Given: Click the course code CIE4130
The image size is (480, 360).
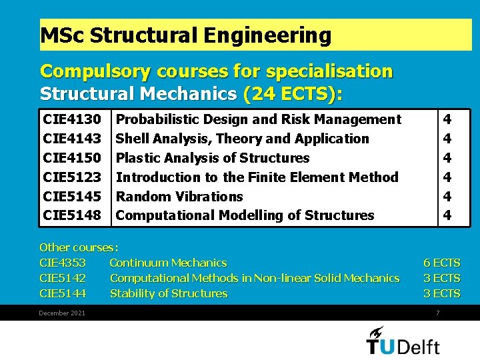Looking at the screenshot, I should tap(72, 119).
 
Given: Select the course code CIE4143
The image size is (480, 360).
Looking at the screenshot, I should tap(72, 139).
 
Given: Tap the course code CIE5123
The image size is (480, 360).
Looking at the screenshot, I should tap(72, 177).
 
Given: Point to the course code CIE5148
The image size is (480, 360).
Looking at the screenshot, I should tap(72, 215).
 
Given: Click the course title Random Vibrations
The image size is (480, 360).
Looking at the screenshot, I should tap(179, 197).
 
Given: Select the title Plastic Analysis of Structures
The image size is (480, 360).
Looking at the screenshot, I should tap(213, 158).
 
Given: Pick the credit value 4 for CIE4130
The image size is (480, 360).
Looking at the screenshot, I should tap(447, 119).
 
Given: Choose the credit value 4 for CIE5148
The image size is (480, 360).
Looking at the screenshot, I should tap(447, 215).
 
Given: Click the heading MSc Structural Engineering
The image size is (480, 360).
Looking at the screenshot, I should tap(186, 35).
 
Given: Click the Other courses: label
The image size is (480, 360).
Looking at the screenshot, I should tap(79, 247).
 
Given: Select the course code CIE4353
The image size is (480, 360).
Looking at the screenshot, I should tap(63, 263).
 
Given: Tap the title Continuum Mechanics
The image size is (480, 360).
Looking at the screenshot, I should tap(168, 263).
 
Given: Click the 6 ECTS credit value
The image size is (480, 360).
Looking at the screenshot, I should tap(441, 263).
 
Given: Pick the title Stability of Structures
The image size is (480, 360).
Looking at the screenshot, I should tap(169, 293).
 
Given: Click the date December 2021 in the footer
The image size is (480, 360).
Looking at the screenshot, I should tap(62, 313).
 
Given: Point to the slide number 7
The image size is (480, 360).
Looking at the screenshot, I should tap(437, 313).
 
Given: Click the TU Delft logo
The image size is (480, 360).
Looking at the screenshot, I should tap(403, 341).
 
